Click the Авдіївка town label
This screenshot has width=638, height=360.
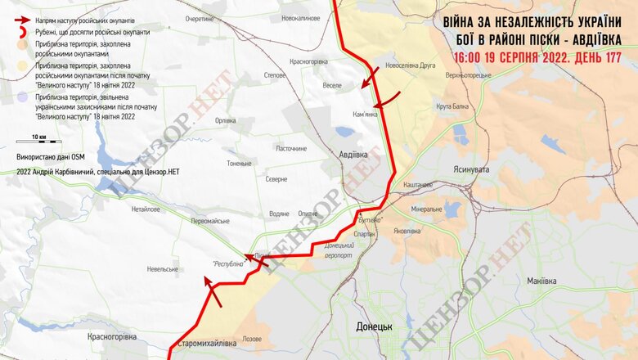354,155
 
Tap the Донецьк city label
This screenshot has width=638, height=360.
375,326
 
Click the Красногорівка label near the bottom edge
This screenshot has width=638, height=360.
112,335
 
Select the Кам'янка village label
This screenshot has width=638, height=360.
365,114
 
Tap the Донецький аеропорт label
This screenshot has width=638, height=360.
338,250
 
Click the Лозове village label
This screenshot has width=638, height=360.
252,338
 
